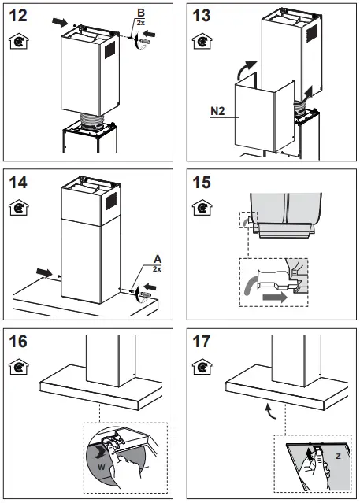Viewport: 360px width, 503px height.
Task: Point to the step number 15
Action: click(x=203, y=183)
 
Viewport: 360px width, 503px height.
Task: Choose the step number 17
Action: click(x=203, y=344)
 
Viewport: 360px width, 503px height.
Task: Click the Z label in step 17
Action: click(x=336, y=455)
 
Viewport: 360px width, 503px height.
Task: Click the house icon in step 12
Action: click(x=18, y=41)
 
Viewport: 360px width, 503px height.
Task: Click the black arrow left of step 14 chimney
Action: click(x=46, y=275)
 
